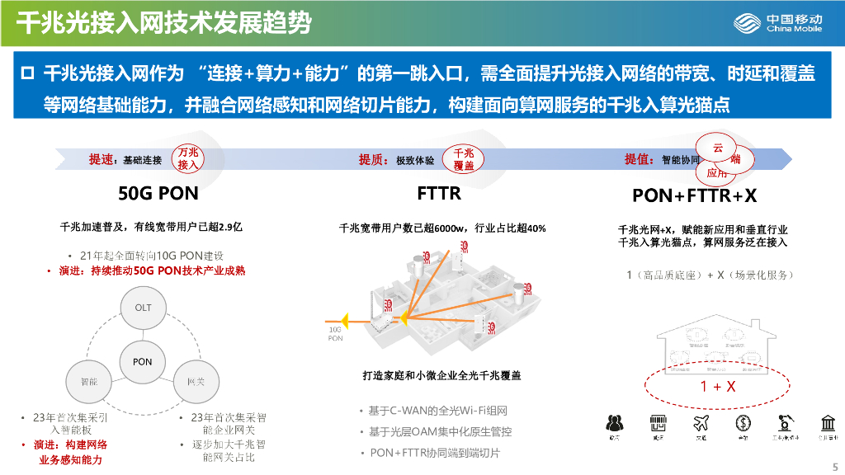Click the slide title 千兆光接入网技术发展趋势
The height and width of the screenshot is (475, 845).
coord(164,22)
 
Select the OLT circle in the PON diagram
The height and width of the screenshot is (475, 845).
coord(143,308)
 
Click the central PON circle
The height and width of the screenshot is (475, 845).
coord(142,361)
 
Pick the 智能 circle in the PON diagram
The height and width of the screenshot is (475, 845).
coord(88,382)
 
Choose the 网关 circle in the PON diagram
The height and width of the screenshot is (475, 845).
coord(196,382)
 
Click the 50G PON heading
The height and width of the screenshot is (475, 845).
coord(158,195)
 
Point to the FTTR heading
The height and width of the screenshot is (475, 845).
coord(439,195)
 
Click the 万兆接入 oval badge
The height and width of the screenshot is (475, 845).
coord(189,159)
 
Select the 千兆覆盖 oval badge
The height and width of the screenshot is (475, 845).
coord(463,159)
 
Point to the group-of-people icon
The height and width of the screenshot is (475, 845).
coord(614,423)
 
